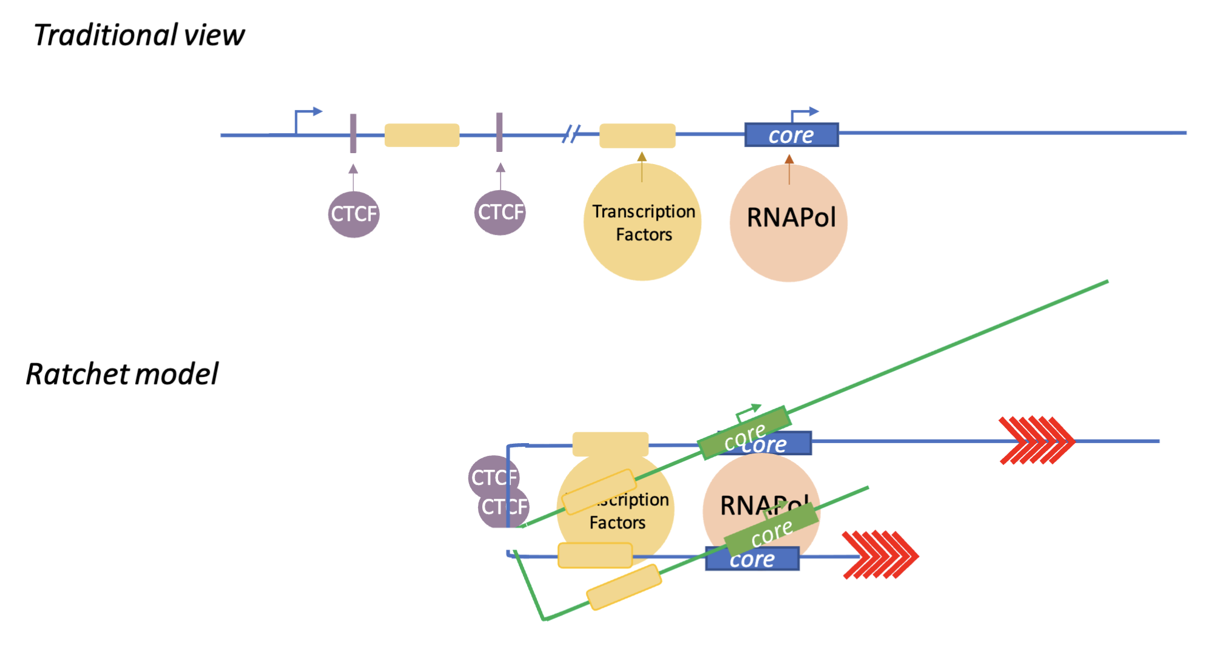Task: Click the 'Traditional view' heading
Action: click(x=139, y=35)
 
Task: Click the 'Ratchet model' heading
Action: click(x=122, y=374)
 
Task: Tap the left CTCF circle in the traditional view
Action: click(x=354, y=214)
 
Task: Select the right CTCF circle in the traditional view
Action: click(x=500, y=212)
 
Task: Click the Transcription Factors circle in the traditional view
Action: click(x=642, y=223)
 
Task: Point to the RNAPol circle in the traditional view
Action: click(x=788, y=223)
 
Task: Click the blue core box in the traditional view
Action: click(x=791, y=135)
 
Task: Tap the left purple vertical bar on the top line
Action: click(x=353, y=133)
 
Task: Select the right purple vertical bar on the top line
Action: click(x=499, y=132)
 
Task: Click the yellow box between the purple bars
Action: click(x=422, y=135)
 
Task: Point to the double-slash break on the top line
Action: click(x=571, y=134)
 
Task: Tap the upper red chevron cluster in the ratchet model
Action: click(x=1037, y=440)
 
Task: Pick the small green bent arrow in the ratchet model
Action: click(x=747, y=412)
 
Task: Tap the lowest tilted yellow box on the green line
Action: click(x=624, y=587)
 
